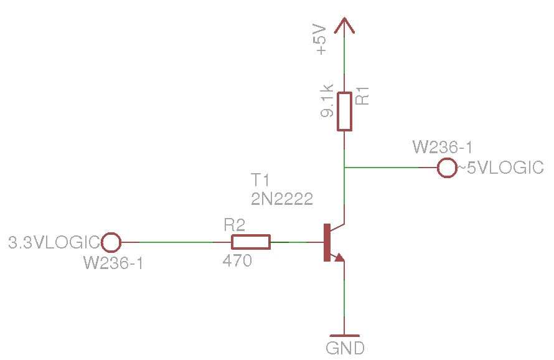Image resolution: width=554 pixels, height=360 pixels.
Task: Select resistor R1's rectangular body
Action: point(344,111)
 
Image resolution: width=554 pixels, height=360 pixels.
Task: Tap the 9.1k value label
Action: point(327,102)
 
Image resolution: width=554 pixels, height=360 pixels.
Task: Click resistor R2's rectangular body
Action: point(251,242)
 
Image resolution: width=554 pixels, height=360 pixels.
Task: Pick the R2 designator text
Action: point(235,225)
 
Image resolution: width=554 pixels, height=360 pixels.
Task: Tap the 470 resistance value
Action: point(237,262)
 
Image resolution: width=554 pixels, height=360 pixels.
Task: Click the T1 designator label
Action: point(260,181)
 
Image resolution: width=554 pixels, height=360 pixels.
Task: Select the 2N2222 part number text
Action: point(281,199)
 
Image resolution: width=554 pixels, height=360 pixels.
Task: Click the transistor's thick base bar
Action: point(326,242)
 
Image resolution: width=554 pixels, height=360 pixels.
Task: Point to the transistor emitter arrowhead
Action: point(339,256)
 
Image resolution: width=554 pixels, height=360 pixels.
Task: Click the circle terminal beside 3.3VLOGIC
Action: point(111,242)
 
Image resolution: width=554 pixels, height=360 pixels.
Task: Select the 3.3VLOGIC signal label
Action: point(54,242)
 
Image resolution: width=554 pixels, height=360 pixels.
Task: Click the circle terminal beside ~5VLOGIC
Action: point(448,168)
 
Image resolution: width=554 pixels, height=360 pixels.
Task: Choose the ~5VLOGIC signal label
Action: point(501,168)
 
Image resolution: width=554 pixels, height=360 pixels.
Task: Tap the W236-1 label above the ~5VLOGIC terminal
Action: point(443,148)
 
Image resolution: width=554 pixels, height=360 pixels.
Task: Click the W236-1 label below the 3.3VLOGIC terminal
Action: point(114,263)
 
